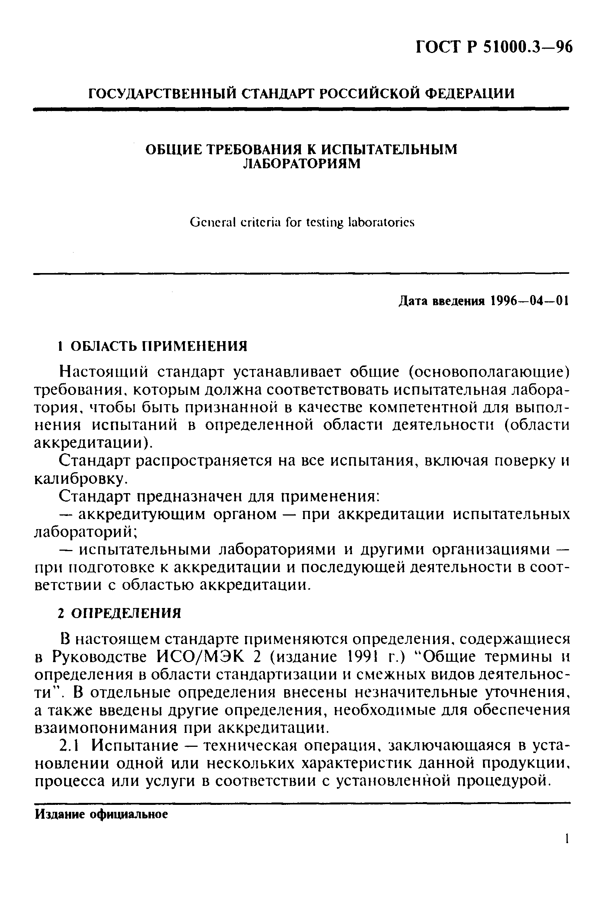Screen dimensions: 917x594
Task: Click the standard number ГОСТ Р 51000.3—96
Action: (493, 48)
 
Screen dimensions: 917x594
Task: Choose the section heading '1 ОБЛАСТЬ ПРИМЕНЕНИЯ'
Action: (152, 345)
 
